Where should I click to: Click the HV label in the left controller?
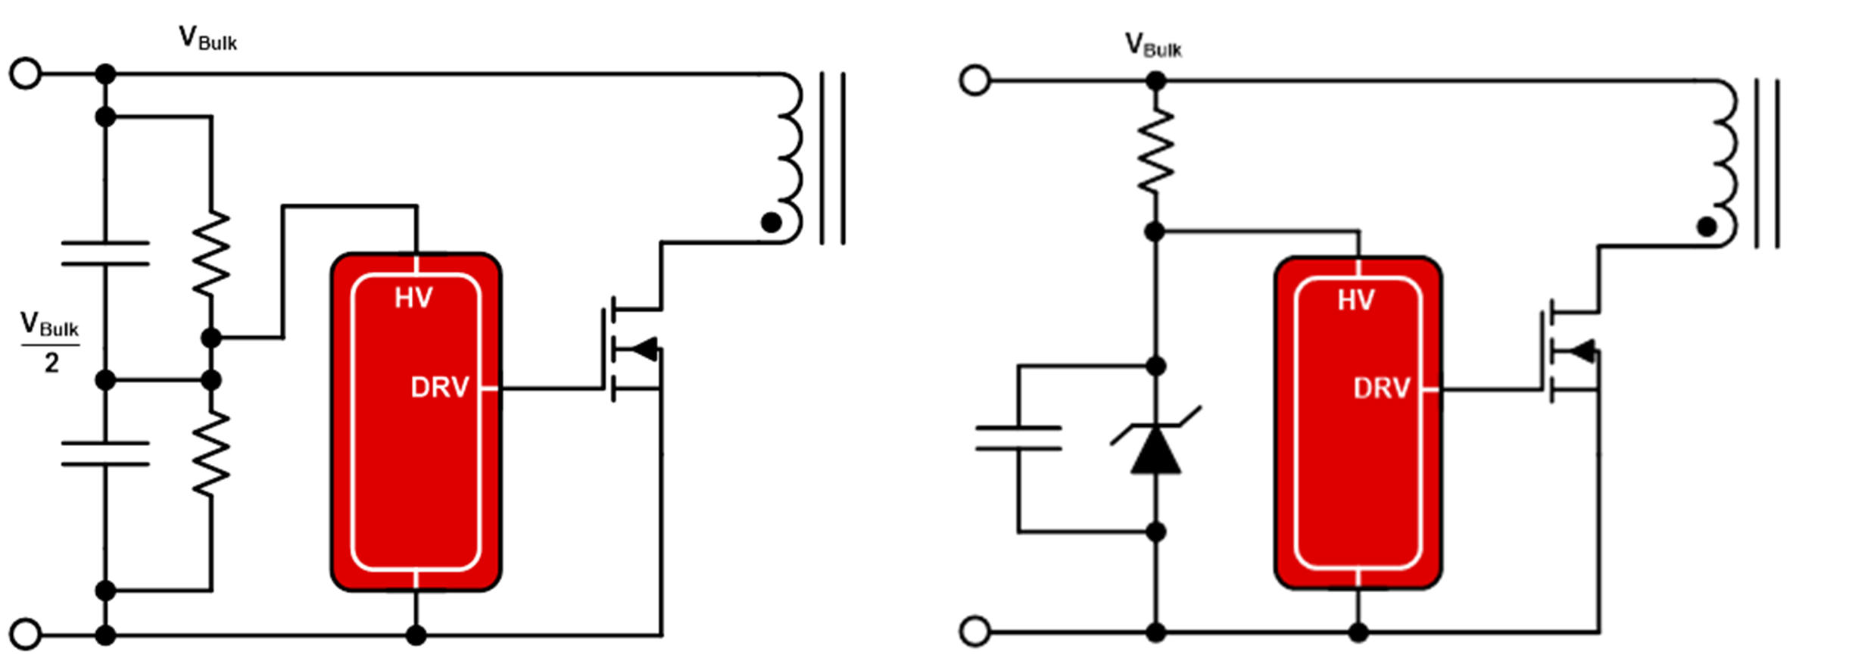pyautogui.click(x=413, y=298)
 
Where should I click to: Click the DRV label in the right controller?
pyautogui.click(x=1381, y=388)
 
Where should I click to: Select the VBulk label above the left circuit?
pyautogui.click(x=207, y=39)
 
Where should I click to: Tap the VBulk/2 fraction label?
pyautogui.click(x=50, y=342)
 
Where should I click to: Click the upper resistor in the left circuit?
pyautogui.click(x=211, y=253)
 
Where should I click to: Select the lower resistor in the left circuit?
pyautogui.click(x=211, y=453)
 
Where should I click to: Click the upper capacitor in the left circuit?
pyautogui.click(x=105, y=254)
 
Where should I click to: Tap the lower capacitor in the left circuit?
pyautogui.click(x=105, y=454)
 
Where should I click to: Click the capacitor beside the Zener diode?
pyautogui.click(x=1018, y=438)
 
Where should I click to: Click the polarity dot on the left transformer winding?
pyautogui.click(x=771, y=223)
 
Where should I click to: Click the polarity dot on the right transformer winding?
pyautogui.click(x=1707, y=226)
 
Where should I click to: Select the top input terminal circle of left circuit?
pyautogui.click(x=25, y=74)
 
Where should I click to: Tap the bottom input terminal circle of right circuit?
pyautogui.click(x=974, y=631)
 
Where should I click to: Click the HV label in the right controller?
pyautogui.click(x=1355, y=301)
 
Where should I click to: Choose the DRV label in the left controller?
pyautogui.click(x=439, y=387)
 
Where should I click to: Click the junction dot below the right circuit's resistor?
pyautogui.click(x=1155, y=232)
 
